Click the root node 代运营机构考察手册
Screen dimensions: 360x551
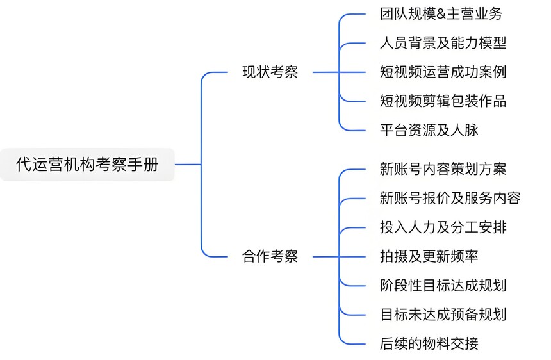[x=87, y=165]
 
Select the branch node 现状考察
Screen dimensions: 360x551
[x=270, y=72]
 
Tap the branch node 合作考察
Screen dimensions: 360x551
[x=270, y=257]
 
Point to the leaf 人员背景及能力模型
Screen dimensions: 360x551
[x=443, y=43]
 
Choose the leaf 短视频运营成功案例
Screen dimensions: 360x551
[x=443, y=72]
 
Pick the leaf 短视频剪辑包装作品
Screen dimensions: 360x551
[x=443, y=101]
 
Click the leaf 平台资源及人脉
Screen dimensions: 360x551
[x=429, y=131]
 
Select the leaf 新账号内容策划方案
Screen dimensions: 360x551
[x=443, y=169]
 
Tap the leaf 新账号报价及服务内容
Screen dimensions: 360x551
[x=450, y=198]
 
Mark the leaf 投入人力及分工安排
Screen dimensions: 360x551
[x=443, y=227]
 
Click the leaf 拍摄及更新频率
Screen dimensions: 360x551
[x=429, y=257]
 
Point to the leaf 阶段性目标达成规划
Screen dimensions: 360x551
[x=443, y=286]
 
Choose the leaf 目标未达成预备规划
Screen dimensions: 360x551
[x=443, y=315]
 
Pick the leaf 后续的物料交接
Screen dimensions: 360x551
[x=429, y=344]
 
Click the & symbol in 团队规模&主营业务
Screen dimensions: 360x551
[x=443, y=13]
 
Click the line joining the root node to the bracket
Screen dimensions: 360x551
[x=188, y=165]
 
